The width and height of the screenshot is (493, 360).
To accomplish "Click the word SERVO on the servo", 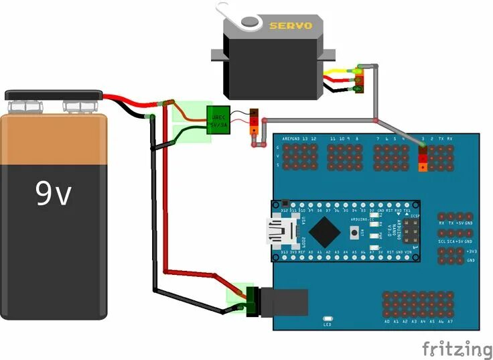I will (291, 25).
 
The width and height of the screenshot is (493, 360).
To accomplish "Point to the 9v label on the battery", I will (53, 194).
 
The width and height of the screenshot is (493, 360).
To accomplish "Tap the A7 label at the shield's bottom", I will (449, 322).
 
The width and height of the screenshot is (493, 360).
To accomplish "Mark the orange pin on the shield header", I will (422, 167).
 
